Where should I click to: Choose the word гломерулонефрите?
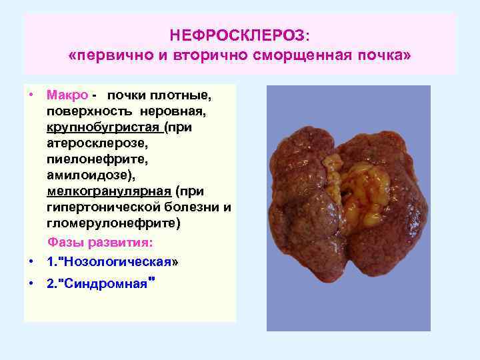click(x=112, y=224)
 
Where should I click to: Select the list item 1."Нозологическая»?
click(x=113, y=261)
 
